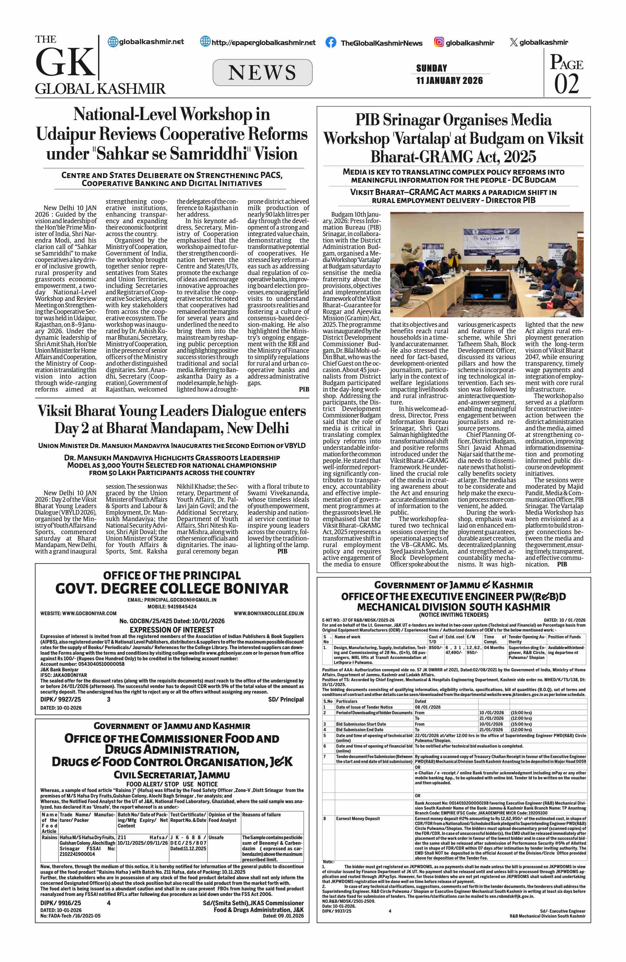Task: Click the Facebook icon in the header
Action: pos(330,43)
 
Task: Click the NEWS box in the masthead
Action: pos(262,73)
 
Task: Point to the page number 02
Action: pos(566,84)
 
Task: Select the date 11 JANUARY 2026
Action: pos(449,81)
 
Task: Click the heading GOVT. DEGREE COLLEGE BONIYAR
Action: pos(172,588)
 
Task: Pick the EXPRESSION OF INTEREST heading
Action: pos(172,629)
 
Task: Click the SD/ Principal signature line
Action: pos(286,699)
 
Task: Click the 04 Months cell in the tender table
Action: pos(494,648)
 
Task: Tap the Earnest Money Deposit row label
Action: pos(357,819)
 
